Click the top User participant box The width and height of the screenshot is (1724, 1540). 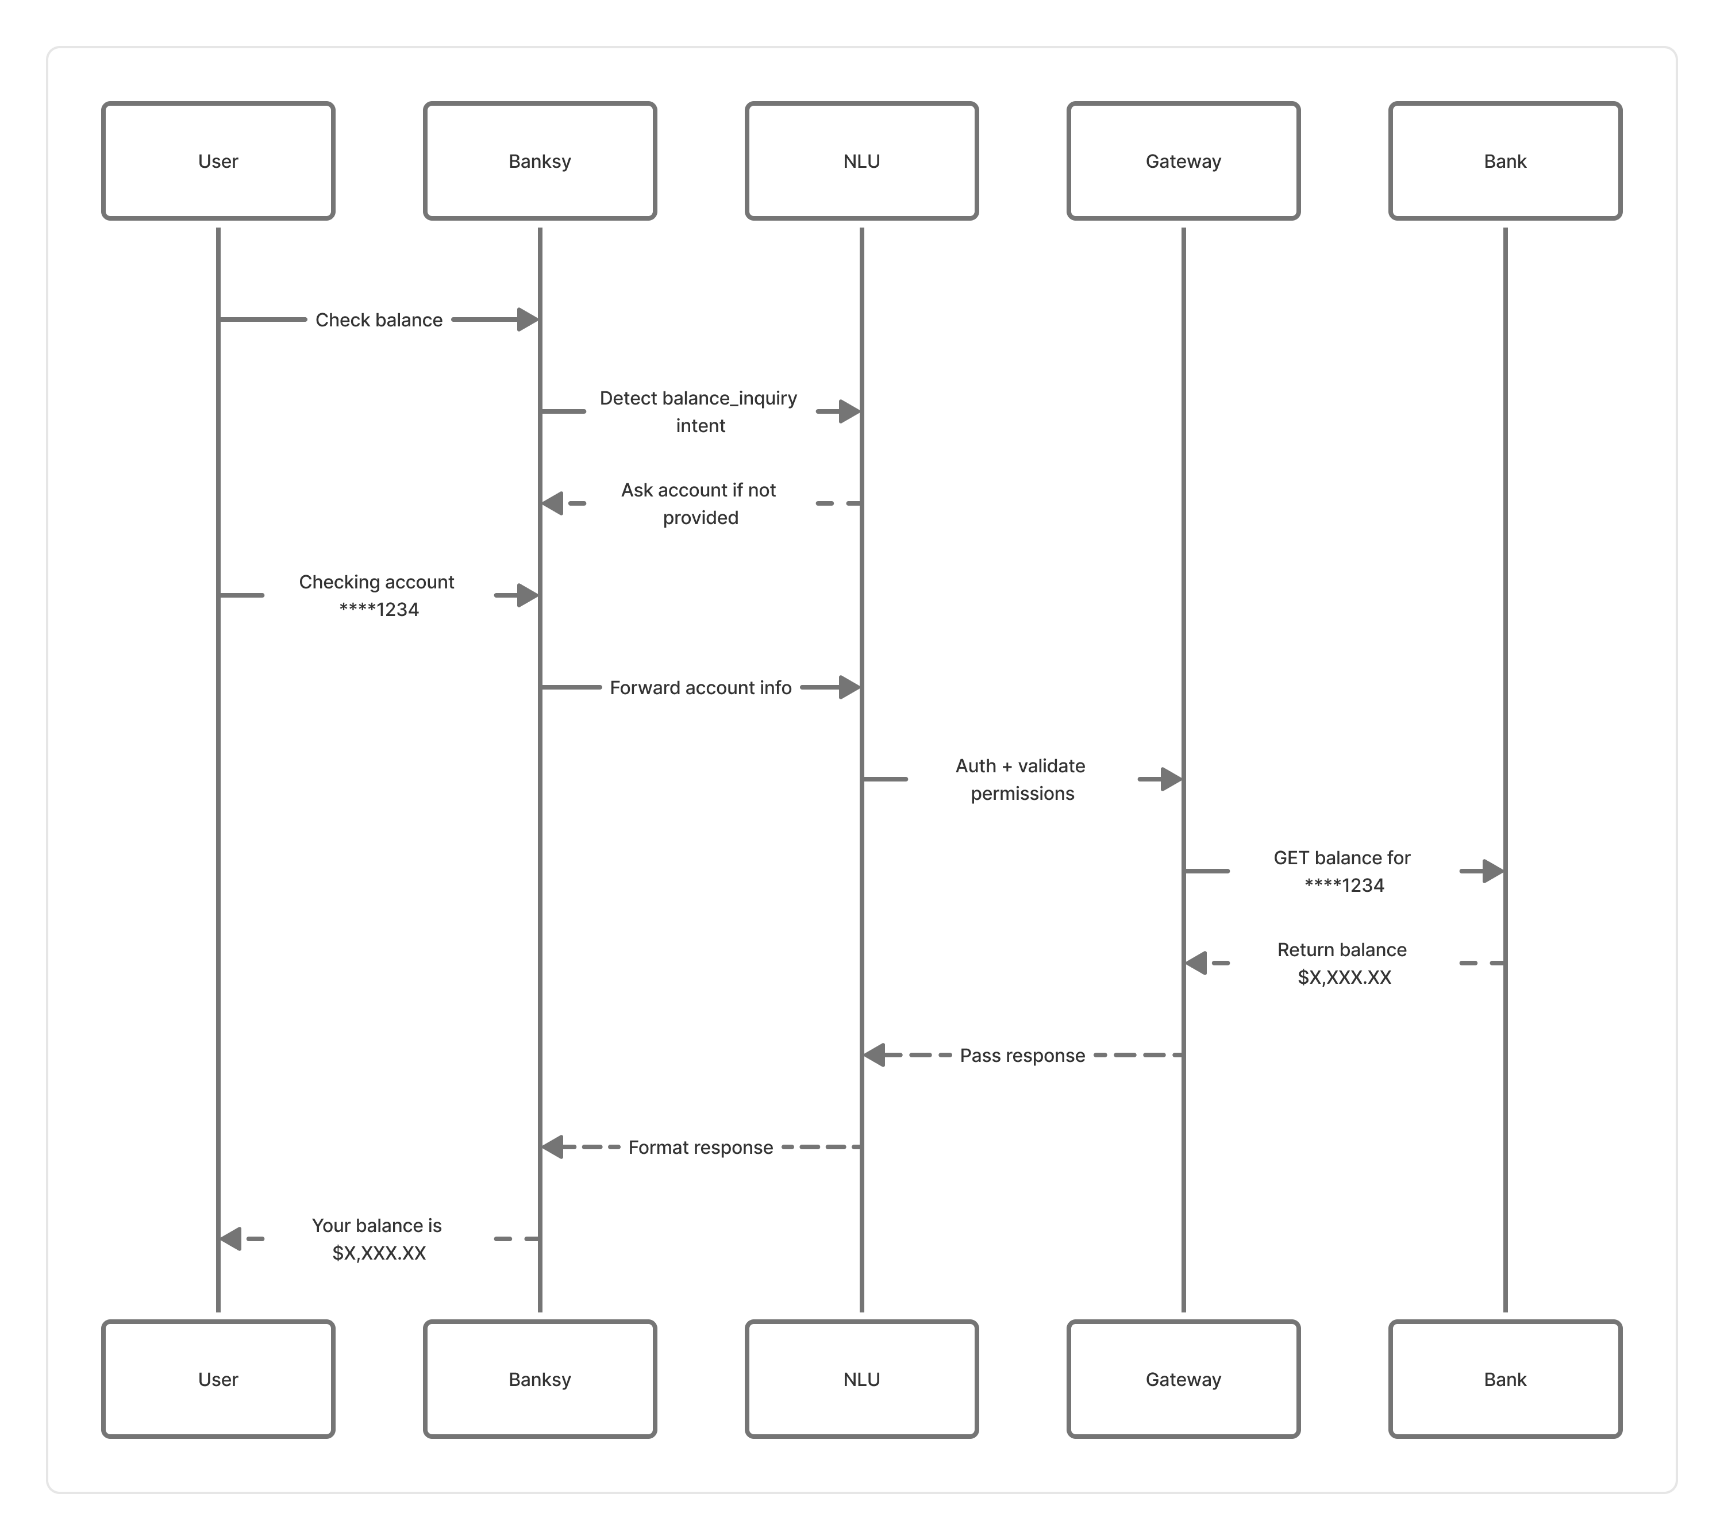tap(218, 161)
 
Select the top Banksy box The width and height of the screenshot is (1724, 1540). tap(540, 161)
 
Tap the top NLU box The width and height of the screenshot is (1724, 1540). tap(861, 161)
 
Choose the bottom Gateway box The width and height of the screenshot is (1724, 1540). tap(1183, 1379)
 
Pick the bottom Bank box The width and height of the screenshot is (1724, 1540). tap(1505, 1379)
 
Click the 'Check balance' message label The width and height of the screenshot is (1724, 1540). tap(379, 320)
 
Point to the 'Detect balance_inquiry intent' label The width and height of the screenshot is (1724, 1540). tap(699, 412)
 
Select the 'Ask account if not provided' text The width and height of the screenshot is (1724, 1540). tap(699, 503)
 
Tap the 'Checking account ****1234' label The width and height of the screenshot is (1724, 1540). tap(378, 596)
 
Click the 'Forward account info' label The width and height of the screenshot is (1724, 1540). tap(701, 688)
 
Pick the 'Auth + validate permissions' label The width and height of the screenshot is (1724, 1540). tap(1022, 779)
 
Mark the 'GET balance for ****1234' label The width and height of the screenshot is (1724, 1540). tap(1343, 872)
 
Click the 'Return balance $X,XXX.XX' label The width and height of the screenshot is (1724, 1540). tap(1343, 963)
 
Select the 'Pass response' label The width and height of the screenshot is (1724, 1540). tap(1022, 1055)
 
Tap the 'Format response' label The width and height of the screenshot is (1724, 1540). tap(701, 1148)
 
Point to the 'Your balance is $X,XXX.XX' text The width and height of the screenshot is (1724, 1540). tap(378, 1239)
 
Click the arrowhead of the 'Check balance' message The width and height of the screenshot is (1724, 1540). tap(529, 320)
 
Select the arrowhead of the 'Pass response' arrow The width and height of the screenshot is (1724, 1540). tap(874, 1055)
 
